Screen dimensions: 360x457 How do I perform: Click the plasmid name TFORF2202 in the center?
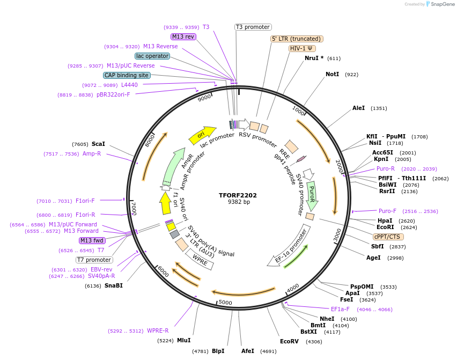coord(238,195)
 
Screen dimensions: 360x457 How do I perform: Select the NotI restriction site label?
coord(333,74)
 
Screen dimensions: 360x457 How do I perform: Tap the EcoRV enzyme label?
coord(289,341)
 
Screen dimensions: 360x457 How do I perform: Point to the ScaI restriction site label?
coord(98,144)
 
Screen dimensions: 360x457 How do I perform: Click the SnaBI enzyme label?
coord(113,285)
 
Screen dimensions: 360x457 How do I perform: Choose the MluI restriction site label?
coord(184,340)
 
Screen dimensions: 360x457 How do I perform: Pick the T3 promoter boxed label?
coord(253,27)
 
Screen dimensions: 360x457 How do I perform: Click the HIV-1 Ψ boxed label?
coord(302,48)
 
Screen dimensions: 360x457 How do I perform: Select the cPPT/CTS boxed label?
coord(388,237)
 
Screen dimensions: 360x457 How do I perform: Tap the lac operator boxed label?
coord(152,56)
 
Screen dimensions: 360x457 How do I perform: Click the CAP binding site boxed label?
coord(127,76)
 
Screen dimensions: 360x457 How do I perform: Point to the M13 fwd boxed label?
coord(92,240)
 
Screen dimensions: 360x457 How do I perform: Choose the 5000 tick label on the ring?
coord(225,303)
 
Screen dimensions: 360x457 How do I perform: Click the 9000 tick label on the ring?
coord(204,98)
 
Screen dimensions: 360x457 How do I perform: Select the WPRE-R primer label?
coord(158,330)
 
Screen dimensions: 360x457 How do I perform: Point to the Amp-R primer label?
coord(92,154)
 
